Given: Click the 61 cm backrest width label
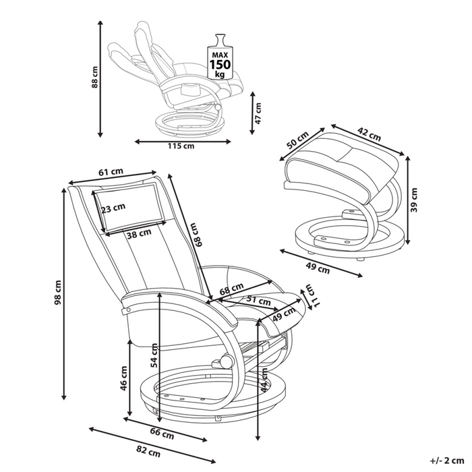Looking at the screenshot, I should (x=111, y=173).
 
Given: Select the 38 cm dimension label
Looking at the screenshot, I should (x=139, y=235).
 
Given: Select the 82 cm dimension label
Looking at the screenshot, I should (x=148, y=450).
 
